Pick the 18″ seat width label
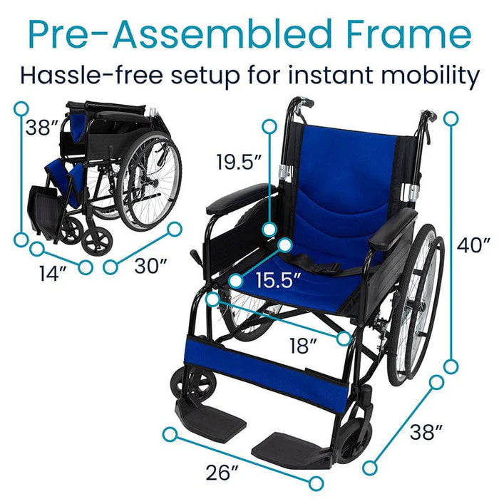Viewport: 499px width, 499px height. click(x=303, y=346)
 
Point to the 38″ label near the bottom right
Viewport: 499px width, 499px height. click(x=426, y=431)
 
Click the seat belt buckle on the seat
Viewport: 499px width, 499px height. click(x=330, y=268)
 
